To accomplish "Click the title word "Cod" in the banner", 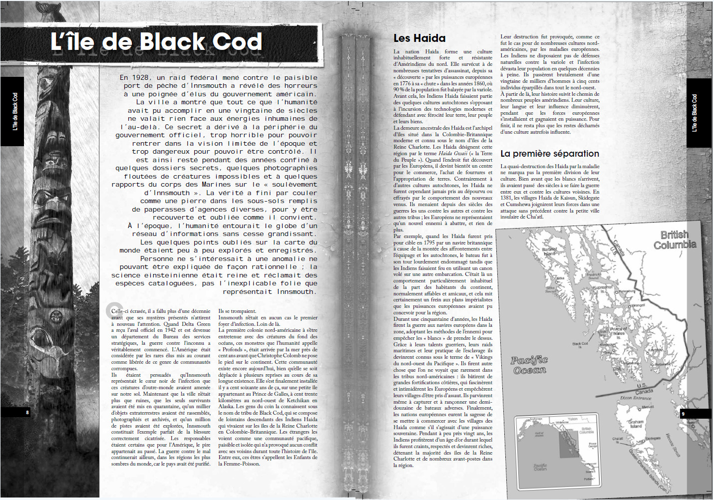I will tap(238, 42).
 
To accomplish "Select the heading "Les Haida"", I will tap(419, 38).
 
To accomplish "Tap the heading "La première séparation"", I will tap(549, 154).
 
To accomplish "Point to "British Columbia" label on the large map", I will tap(675, 240).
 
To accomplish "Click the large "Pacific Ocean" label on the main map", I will tap(529, 365).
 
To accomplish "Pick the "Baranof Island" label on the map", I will tap(549, 251).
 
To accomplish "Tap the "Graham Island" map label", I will tap(636, 424).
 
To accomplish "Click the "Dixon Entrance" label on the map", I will tap(636, 398).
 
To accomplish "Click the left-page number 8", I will tap(27, 413).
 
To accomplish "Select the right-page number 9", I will tap(683, 414).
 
